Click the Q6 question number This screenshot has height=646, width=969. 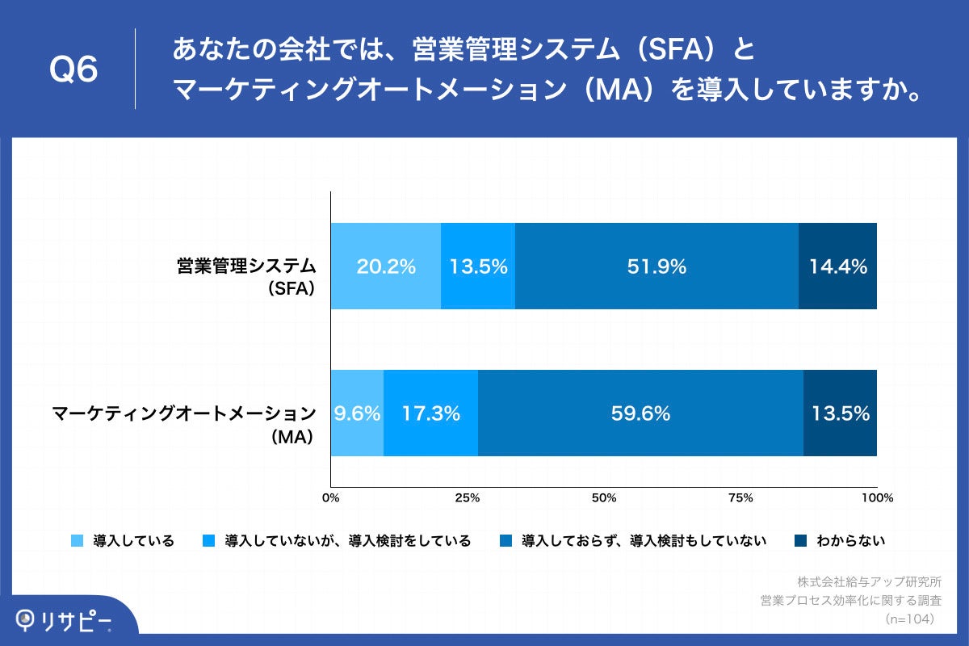click(x=73, y=70)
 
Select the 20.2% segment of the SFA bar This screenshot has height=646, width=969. click(x=386, y=266)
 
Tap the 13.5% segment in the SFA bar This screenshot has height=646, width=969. click(x=478, y=266)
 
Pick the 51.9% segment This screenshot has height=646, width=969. click(x=656, y=266)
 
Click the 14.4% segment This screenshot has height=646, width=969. click(x=837, y=266)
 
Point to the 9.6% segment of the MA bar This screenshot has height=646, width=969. click(x=357, y=413)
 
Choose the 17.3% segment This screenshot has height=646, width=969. click(x=430, y=413)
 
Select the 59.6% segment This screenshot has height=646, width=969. click(x=640, y=413)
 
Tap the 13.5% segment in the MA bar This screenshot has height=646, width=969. click(x=840, y=413)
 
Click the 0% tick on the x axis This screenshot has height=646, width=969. click(x=330, y=497)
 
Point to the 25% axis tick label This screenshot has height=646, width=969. click(x=467, y=497)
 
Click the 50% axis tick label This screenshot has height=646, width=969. click(x=604, y=497)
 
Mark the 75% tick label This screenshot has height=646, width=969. click(x=740, y=497)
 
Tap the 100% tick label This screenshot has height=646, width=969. click(x=877, y=497)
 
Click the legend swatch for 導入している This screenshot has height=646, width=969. click(x=78, y=541)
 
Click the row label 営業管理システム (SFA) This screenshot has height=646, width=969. click(x=246, y=275)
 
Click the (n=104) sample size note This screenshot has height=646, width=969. click(x=910, y=619)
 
